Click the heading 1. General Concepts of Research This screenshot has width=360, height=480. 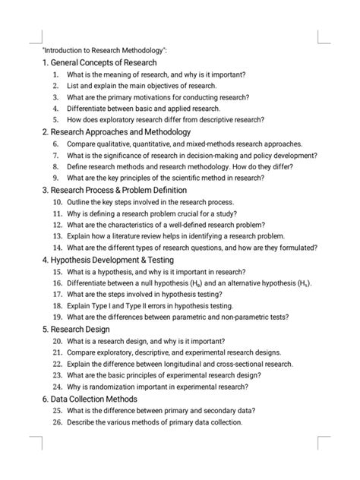[x=99, y=62]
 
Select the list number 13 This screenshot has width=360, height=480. [x=57, y=235]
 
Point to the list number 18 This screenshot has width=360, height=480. [x=57, y=305]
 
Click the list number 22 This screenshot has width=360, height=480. [x=57, y=363]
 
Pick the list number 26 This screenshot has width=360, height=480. [x=57, y=422]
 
